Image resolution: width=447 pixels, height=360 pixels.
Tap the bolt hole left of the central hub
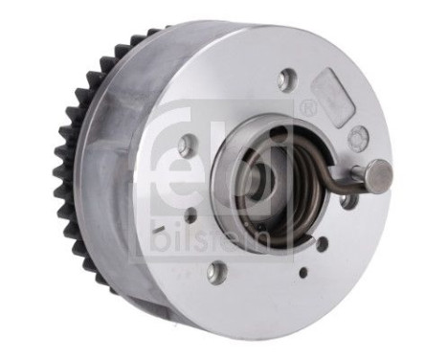click(188, 146)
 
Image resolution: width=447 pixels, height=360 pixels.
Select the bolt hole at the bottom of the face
click(215, 271)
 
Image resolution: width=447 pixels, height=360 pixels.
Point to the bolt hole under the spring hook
click(348, 201)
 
